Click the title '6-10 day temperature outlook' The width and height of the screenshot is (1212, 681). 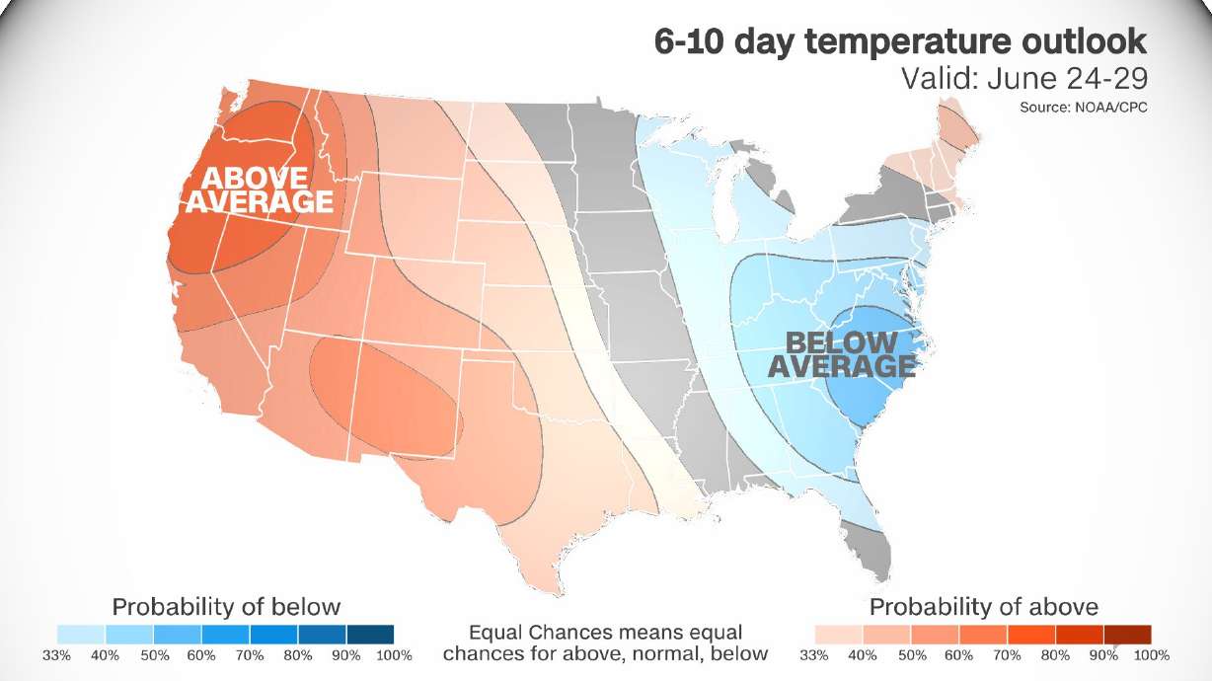tap(900, 41)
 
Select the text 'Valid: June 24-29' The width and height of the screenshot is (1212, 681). tap(1023, 79)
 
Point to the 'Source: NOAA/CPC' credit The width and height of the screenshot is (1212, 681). tap(1083, 106)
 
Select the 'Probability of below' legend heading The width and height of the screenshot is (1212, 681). tap(226, 606)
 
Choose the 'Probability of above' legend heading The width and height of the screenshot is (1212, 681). tap(983, 606)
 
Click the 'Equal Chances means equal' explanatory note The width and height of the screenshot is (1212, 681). tap(605, 632)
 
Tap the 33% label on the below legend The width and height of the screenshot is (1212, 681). tap(57, 655)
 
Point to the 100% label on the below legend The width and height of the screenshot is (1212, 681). tap(393, 655)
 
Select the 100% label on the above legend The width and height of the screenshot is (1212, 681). tap(1150, 655)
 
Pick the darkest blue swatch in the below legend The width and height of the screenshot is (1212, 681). tap(369, 634)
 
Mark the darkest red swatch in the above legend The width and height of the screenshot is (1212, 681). tap(1127, 634)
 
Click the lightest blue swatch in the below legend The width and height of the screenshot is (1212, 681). tap(81, 634)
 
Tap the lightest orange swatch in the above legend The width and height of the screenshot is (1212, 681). tap(839, 634)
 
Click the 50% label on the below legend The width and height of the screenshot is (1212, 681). tap(153, 655)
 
